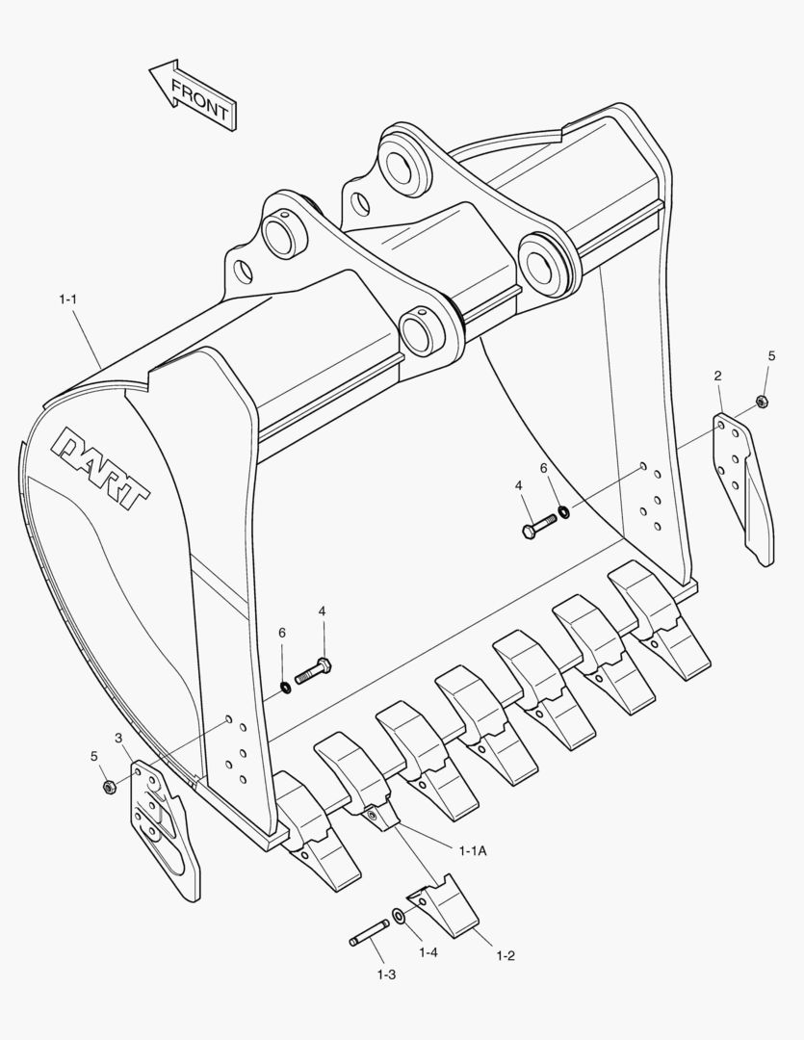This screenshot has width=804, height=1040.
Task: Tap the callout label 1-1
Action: coord(67,300)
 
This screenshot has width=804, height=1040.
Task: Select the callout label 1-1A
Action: coord(473,849)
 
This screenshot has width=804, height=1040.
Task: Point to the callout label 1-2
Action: coord(505,955)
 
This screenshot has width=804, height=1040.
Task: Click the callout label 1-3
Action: coord(385,975)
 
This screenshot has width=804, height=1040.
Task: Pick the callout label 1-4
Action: coord(428,951)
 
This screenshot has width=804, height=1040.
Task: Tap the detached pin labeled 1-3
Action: coord(370,931)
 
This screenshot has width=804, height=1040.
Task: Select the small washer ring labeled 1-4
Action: coord(399,914)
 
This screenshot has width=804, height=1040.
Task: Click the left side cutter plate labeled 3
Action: coord(166,828)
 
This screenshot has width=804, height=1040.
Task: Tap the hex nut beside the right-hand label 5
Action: coord(762,402)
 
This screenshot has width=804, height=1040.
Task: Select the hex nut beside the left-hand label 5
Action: coord(109,787)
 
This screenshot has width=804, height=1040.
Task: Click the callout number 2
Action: coord(718,376)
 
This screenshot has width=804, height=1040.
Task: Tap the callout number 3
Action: coord(118,739)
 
